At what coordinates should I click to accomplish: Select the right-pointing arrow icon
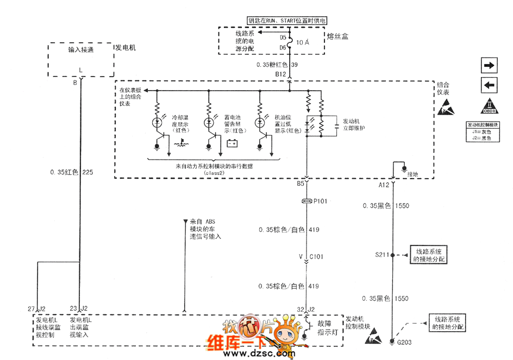tap(489, 65)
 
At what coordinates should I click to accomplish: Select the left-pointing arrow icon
tap(489, 85)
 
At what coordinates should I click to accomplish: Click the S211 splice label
tap(382, 254)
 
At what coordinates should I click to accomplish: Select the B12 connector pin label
tap(280, 73)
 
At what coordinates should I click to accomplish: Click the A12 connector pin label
tap(384, 185)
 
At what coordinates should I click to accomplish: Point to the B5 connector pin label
tap(300, 184)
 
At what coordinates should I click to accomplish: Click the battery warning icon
tap(233, 144)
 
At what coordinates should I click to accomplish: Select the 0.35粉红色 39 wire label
tap(277, 65)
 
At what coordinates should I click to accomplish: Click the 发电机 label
tap(125, 48)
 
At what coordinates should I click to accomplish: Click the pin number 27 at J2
tap(31, 309)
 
